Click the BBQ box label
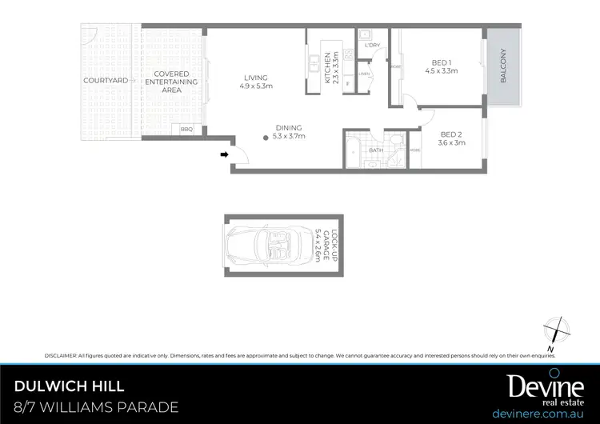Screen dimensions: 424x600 coord(187,129)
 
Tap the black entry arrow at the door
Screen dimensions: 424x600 coord(225,154)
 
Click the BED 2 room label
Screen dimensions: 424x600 coord(451,138)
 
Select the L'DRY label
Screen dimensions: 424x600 coord(371,46)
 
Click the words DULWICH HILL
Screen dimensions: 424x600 coord(70,386)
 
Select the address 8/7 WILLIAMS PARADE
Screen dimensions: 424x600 coord(97,408)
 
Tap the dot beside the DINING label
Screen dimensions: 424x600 coord(266,137)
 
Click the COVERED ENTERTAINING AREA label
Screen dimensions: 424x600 coord(172,82)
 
